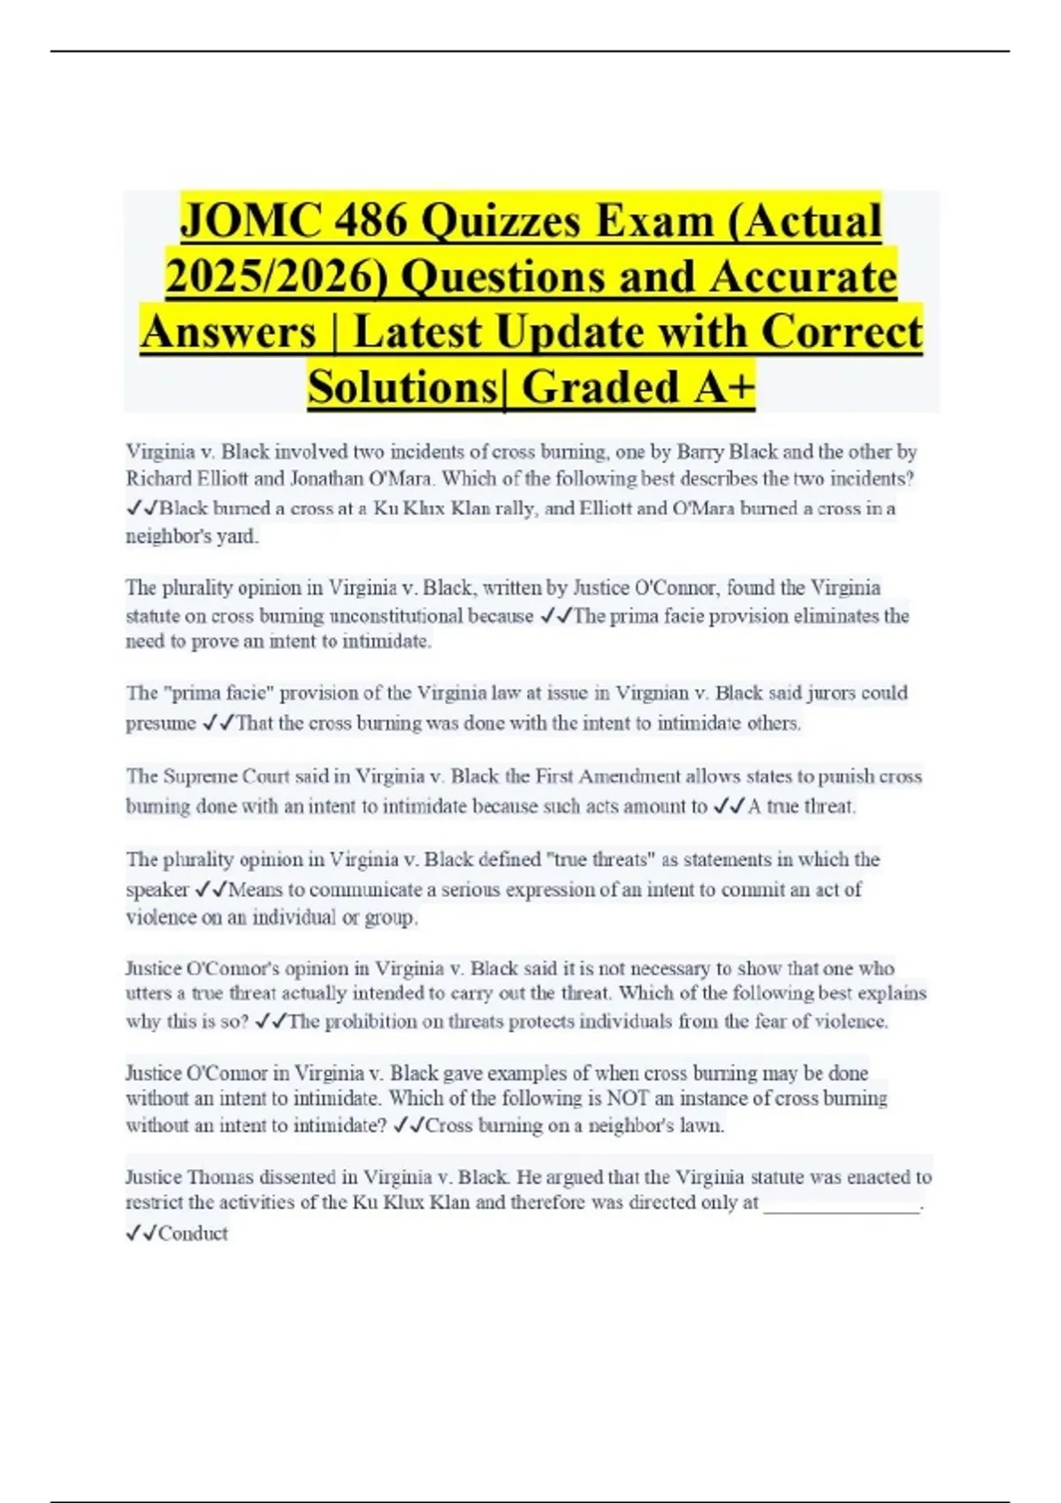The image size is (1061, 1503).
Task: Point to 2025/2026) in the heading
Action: (x=277, y=276)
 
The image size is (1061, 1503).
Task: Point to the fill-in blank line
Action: (x=841, y=1206)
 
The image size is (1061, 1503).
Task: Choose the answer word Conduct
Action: (x=193, y=1233)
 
